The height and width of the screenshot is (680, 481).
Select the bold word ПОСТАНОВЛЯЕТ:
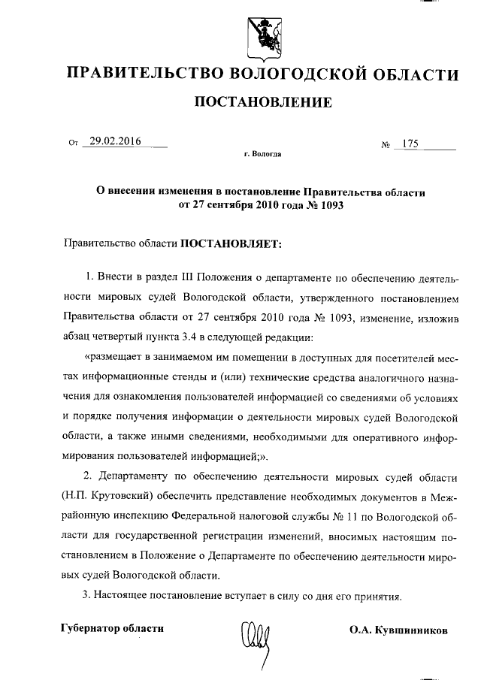(x=229, y=244)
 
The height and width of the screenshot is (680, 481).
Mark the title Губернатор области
(x=111, y=628)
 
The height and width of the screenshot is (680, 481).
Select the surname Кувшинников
(x=413, y=630)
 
